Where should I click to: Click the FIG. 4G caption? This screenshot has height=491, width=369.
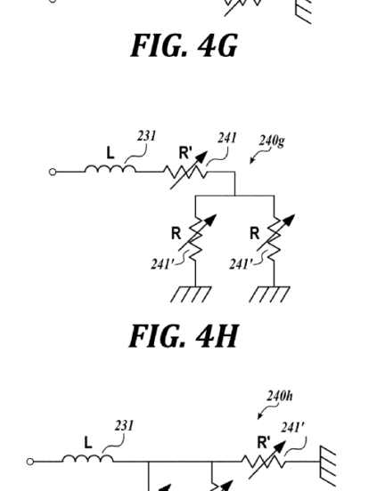pos(184,45)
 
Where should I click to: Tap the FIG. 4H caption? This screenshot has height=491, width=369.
pos(184,336)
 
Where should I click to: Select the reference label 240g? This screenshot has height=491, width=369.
pos(272,141)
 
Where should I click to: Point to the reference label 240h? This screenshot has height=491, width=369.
pos(280,396)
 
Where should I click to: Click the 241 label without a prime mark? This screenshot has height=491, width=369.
pos(227,138)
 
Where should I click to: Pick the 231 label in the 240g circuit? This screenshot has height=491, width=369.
pos(146,136)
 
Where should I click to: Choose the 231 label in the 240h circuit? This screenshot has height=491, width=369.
pos(124,425)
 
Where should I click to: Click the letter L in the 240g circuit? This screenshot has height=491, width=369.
pos(111,153)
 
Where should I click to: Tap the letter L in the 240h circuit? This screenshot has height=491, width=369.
pos(88,443)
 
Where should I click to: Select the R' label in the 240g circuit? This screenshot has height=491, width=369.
pos(185,153)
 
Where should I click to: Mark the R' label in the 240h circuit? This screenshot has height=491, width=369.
pos(264,442)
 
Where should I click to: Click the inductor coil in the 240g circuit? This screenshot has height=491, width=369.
pos(111,169)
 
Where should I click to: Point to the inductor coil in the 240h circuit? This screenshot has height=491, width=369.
pos(88,459)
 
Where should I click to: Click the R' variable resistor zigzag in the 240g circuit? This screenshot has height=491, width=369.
pos(185,173)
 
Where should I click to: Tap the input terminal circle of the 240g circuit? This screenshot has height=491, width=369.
pos(53,172)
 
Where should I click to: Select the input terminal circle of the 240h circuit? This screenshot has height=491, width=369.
pos(30,462)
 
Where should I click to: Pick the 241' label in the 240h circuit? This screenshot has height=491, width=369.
pos(292,428)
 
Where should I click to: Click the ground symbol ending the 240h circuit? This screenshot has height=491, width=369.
pos(328,462)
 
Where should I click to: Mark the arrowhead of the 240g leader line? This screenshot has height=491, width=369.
pos(252,161)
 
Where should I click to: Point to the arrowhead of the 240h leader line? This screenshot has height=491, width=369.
pos(259,416)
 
